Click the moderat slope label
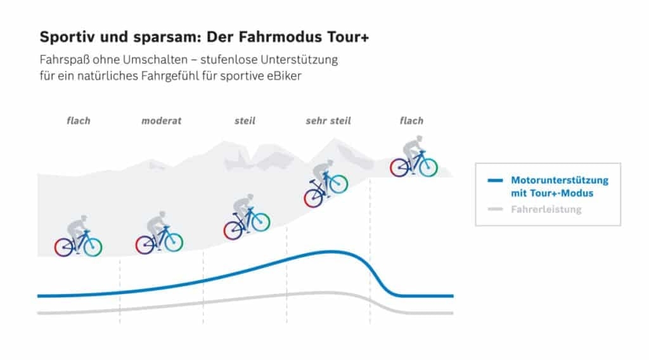point(161,120)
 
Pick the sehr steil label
point(328,120)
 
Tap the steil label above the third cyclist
point(245,120)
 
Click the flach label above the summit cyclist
point(411,120)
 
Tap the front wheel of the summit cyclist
point(428,167)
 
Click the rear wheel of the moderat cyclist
point(145,244)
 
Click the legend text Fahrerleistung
point(546,209)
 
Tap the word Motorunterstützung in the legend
point(560,181)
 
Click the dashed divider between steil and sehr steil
point(287,279)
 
